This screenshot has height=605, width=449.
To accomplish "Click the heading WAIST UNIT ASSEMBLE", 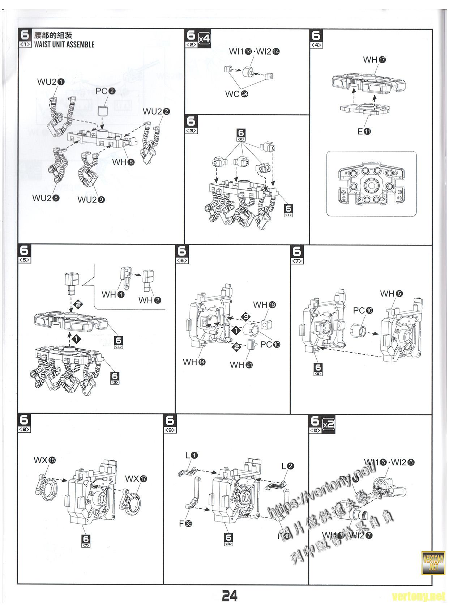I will [64, 44].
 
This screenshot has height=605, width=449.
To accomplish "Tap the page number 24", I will [230, 595].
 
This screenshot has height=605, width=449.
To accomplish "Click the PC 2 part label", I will [105, 91].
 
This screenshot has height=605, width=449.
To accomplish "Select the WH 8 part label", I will [123, 162].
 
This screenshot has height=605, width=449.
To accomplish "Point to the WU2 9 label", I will [91, 199].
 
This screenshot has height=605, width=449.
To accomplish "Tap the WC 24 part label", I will [236, 94].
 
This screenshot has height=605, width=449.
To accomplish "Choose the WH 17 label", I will [374, 60].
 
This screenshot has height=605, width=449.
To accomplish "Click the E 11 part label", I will [364, 131].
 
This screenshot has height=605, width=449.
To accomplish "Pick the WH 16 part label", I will [264, 305].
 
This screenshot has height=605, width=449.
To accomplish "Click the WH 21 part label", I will [241, 365].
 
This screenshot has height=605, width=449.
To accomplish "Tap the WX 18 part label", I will [45, 460].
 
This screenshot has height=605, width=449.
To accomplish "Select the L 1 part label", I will [192, 455].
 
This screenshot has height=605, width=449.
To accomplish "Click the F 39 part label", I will [185, 523].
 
